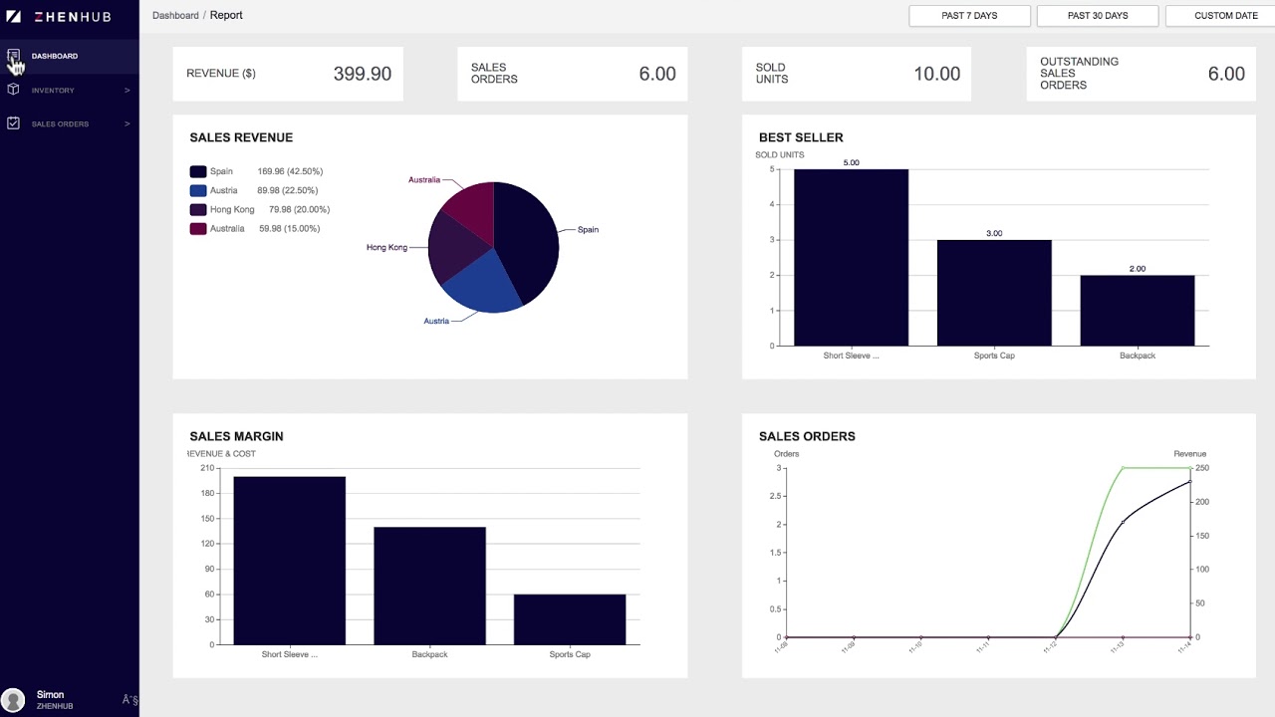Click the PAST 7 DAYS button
tap(970, 16)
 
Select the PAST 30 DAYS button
tap(1097, 16)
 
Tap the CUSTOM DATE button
tap(1224, 16)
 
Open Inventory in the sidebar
tap(53, 91)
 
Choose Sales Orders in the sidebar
tap(60, 124)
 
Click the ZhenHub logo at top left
tap(59, 16)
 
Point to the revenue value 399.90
tap(362, 74)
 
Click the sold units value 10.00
tap(936, 74)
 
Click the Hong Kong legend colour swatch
tap(197, 210)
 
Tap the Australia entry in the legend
tap(226, 229)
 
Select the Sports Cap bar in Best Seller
tap(994, 294)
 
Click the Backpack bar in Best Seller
tap(1137, 311)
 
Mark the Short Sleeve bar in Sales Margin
tap(289, 561)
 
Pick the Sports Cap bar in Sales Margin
tap(570, 619)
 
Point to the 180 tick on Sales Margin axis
tap(207, 493)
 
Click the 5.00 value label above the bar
tap(851, 162)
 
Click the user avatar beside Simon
tap(13, 700)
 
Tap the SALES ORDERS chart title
tap(807, 436)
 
